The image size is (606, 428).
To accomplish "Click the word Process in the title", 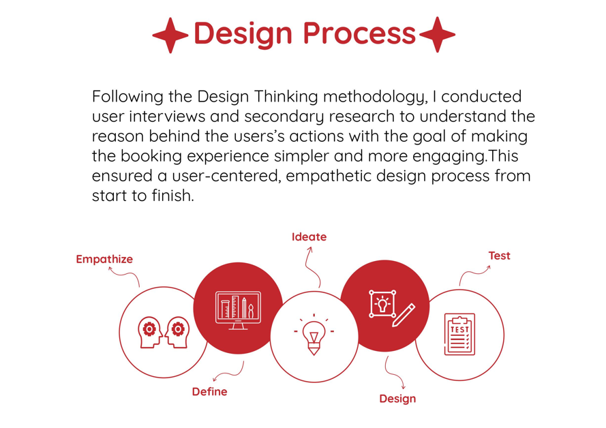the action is [359, 33].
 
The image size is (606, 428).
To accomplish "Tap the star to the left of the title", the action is [170, 35].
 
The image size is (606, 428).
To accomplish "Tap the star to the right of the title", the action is [437, 35].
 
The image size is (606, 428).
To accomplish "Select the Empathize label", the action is [104, 259].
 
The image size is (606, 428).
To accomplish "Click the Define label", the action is [209, 392].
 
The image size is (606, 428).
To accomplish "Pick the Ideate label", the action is [309, 236].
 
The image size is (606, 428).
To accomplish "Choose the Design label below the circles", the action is [397, 399].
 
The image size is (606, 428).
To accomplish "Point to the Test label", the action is [499, 256].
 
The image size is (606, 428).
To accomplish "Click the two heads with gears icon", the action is [164, 333].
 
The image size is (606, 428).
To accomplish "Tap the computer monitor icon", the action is [238, 310].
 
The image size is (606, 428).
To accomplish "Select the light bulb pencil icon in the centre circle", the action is [314, 335].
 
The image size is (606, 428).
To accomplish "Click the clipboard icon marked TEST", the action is [459, 335].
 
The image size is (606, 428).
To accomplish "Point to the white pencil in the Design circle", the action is [404, 315].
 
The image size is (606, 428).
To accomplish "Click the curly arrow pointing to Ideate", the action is [312, 266].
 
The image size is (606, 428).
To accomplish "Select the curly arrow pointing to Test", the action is [473, 273].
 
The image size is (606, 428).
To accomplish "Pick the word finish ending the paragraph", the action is [172, 196].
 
